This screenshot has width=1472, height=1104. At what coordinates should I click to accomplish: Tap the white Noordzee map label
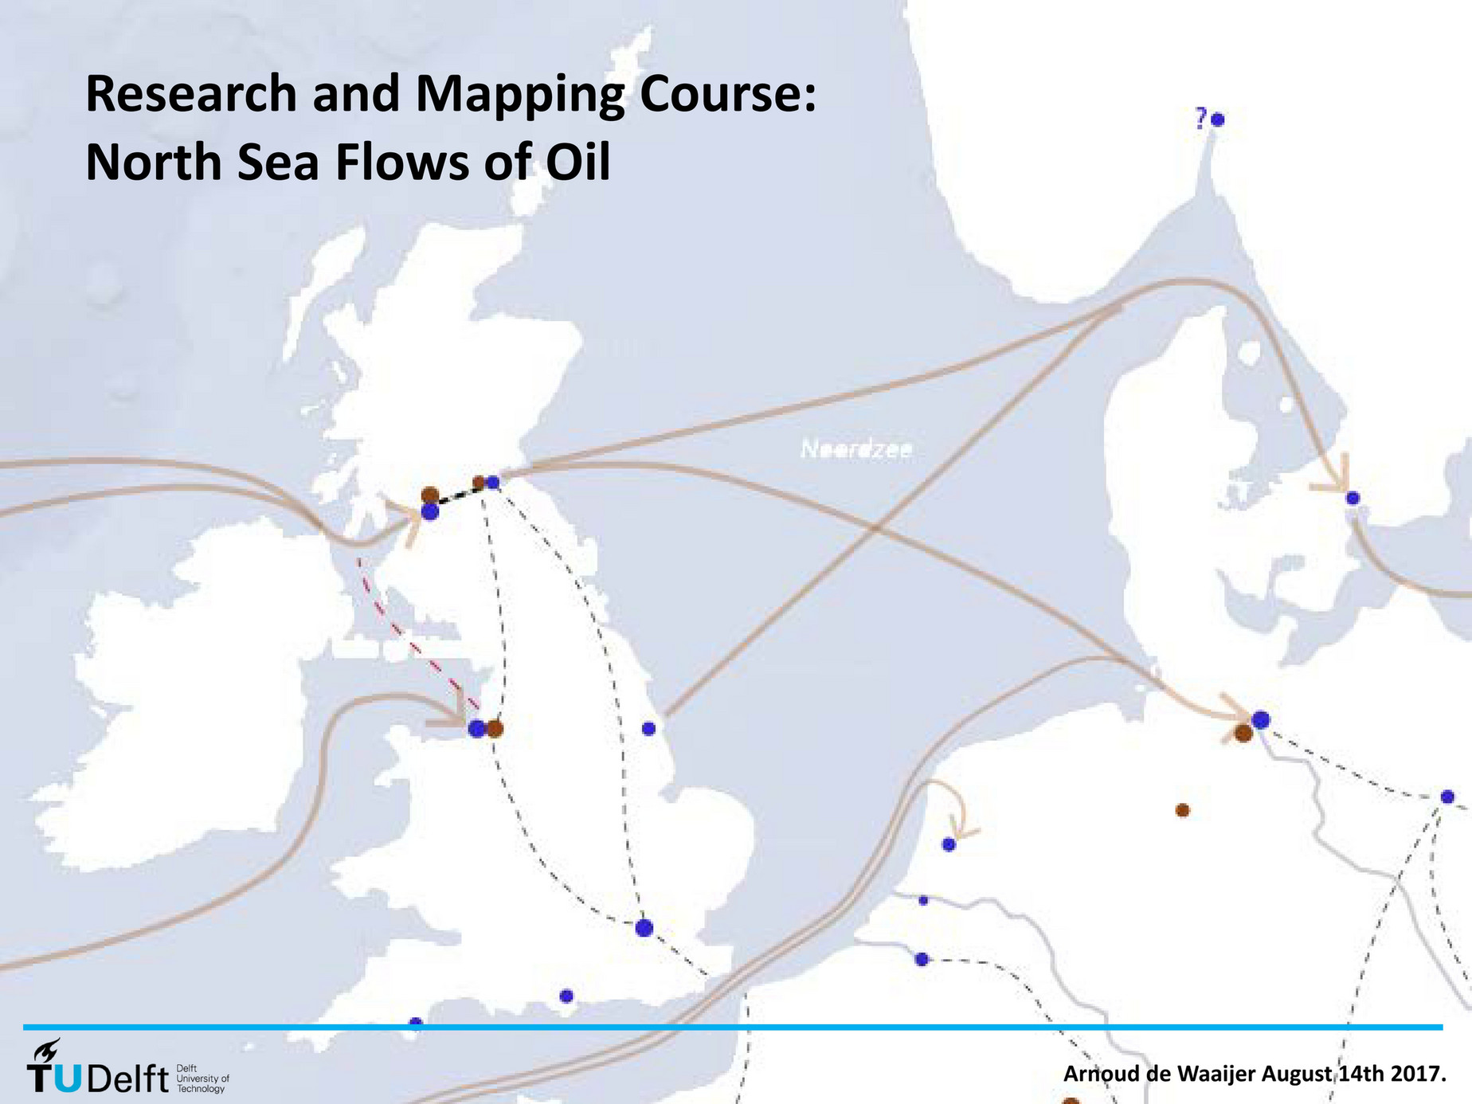click(x=856, y=450)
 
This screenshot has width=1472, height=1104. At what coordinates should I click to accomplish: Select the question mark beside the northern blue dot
click(x=1200, y=120)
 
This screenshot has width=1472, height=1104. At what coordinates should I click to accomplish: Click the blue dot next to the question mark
click(x=1217, y=120)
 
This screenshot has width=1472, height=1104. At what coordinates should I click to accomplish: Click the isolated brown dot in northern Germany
click(x=1183, y=810)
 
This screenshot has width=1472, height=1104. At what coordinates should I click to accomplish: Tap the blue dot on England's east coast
click(x=648, y=728)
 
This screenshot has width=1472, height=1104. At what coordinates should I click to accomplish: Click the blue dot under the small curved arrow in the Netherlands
click(x=949, y=844)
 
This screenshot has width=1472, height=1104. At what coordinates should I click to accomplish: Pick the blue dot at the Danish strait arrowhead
click(x=1353, y=499)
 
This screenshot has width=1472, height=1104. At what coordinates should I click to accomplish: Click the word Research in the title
click(x=191, y=94)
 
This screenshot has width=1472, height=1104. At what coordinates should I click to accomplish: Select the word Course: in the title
click(x=727, y=94)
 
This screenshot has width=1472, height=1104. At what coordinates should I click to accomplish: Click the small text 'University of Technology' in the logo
click(x=202, y=1083)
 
